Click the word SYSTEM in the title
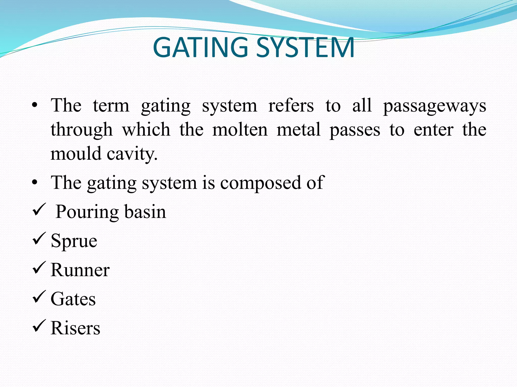305,47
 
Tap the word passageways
434,106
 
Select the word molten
240,130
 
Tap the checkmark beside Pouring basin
39,210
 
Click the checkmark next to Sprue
39,239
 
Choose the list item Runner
80,270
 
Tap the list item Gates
73,299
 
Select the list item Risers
75,328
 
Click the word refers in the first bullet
291,106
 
